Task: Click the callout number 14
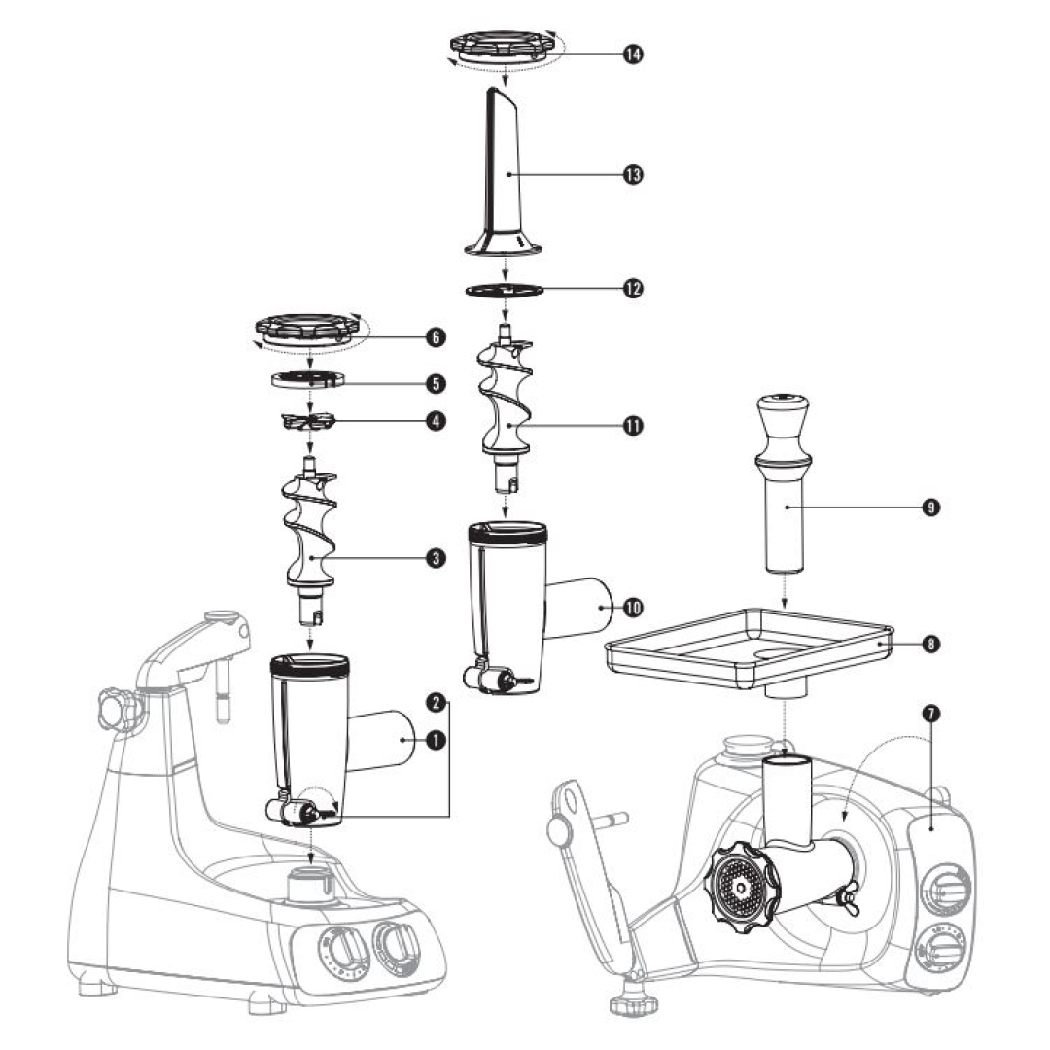click(x=633, y=54)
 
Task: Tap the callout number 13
click(x=633, y=174)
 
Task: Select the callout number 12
click(x=633, y=289)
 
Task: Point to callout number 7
click(x=930, y=713)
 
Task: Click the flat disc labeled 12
click(x=503, y=290)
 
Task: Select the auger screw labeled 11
click(x=505, y=403)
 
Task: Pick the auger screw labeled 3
click(x=310, y=535)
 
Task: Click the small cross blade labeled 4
click(x=308, y=421)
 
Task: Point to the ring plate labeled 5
click(x=309, y=378)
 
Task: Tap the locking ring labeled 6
click(x=308, y=329)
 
